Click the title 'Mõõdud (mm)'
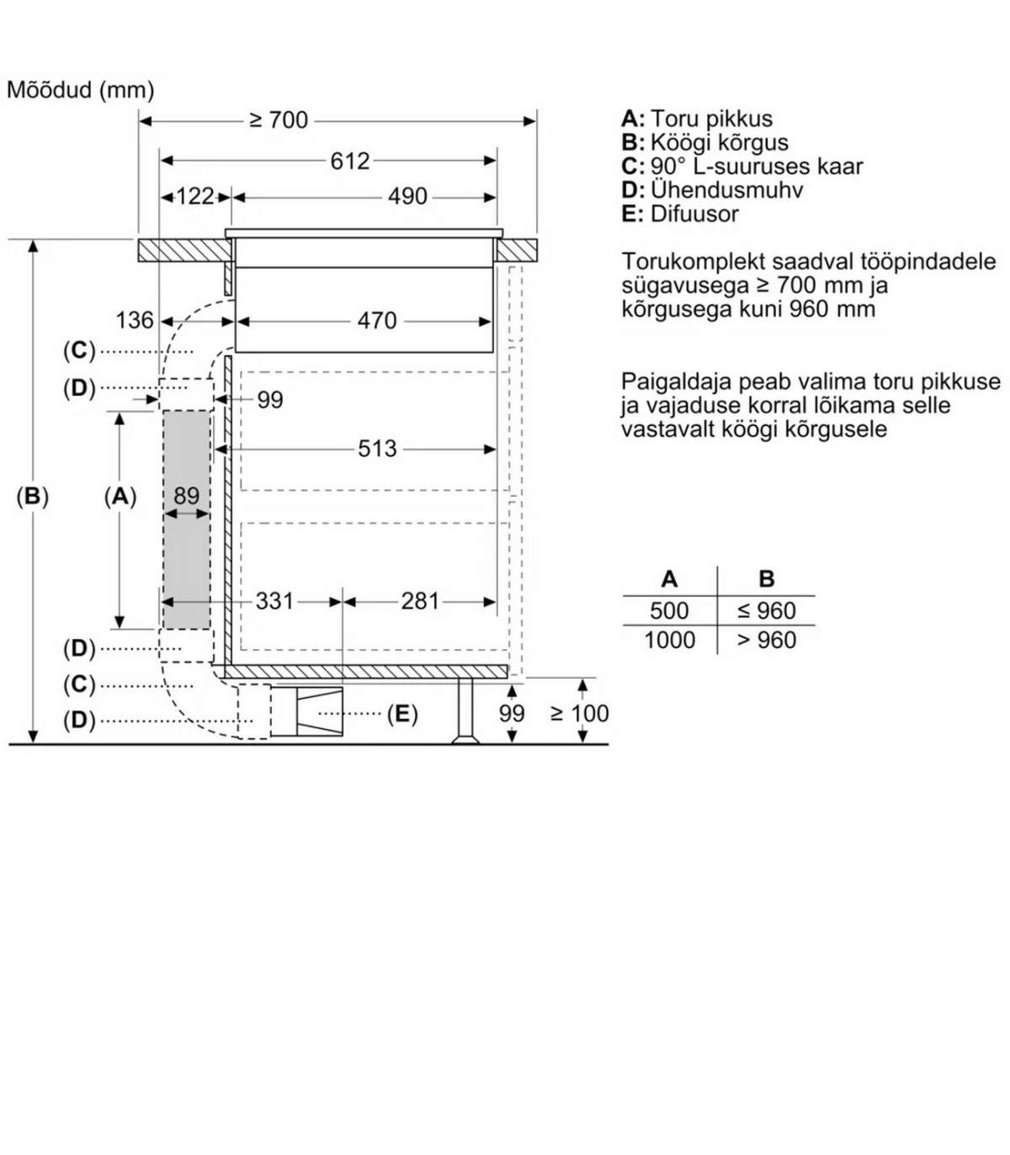[81, 90]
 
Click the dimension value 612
[349, 161]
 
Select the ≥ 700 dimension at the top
[279, 121]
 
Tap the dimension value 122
[195, 197]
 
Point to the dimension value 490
[407, 197]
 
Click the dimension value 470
[376, 321]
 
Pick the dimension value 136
[135, 321]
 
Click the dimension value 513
[376, 449]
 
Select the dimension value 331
[274, 601]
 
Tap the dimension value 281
[420, 601]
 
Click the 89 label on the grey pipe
[186, 496]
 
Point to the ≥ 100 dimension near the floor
[579, 714]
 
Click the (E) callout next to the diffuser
[401, 715]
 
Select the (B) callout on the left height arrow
[33, 497]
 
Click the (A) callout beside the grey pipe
[120, 497]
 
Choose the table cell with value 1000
[669, 641]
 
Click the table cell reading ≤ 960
[766, 610]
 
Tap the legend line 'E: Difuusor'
[680, 214]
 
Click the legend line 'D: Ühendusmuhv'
[712, 190]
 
